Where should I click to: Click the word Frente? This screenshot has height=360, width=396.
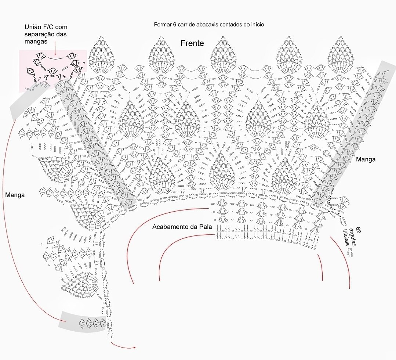tap(192, 43)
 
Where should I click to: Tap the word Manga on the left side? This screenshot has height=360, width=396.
tap(15, 195)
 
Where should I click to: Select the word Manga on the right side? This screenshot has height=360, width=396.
tap(366, 159)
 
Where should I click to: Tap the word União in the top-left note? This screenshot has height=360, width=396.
tap(33, 27)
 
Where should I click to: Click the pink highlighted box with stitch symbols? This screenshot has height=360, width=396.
tap(53, 70)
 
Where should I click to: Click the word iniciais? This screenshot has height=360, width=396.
tap(345, 237)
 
